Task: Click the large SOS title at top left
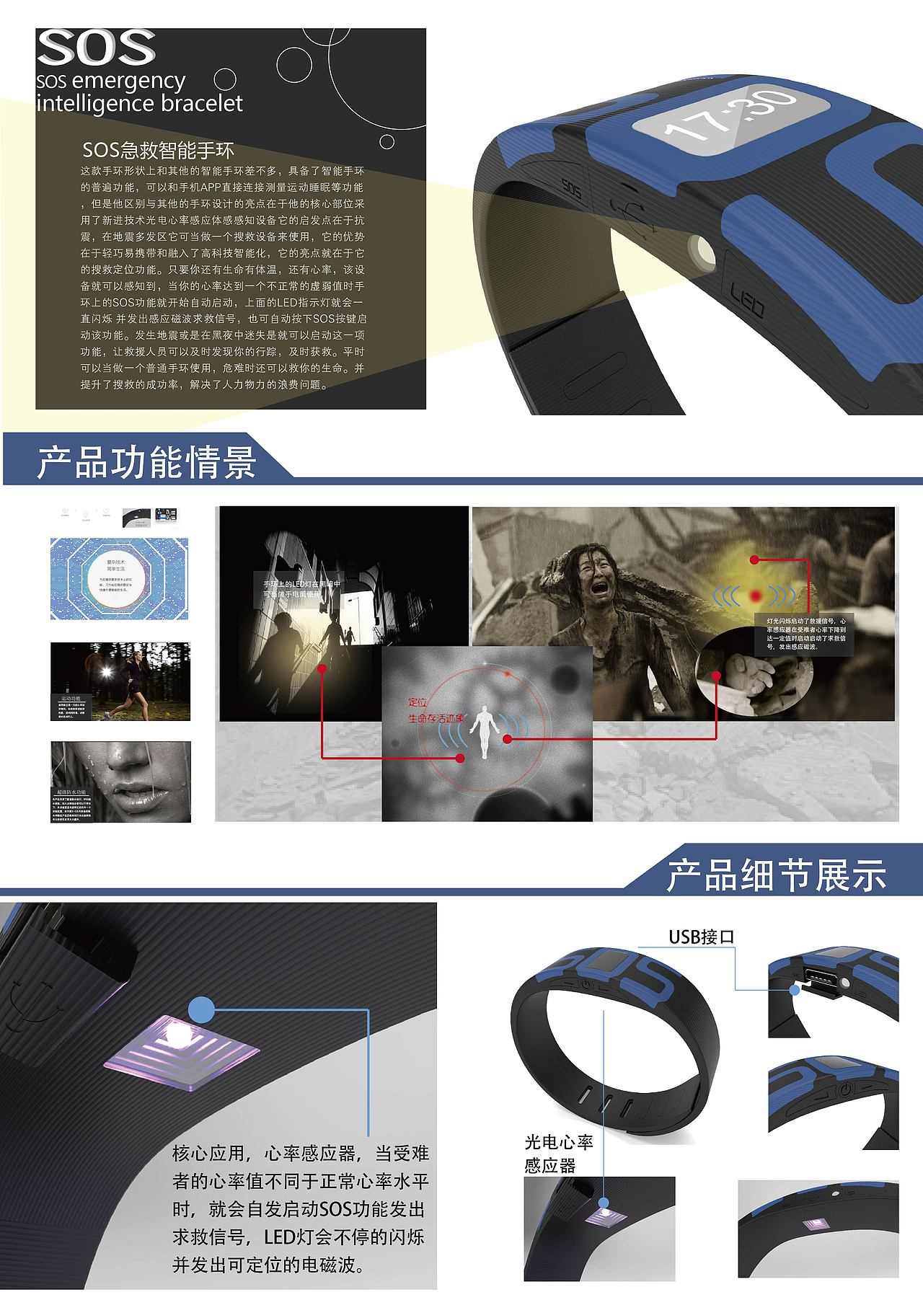[96, 48]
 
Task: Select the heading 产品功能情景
[146, 462]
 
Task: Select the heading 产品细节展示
[776, 875]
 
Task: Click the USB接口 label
[701, 937]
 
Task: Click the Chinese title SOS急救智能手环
[158, 150]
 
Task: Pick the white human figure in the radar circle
[484, 730]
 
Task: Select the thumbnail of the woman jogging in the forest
[120, 682]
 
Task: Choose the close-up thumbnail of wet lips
[120, 782]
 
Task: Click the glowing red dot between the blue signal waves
[755, 596]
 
